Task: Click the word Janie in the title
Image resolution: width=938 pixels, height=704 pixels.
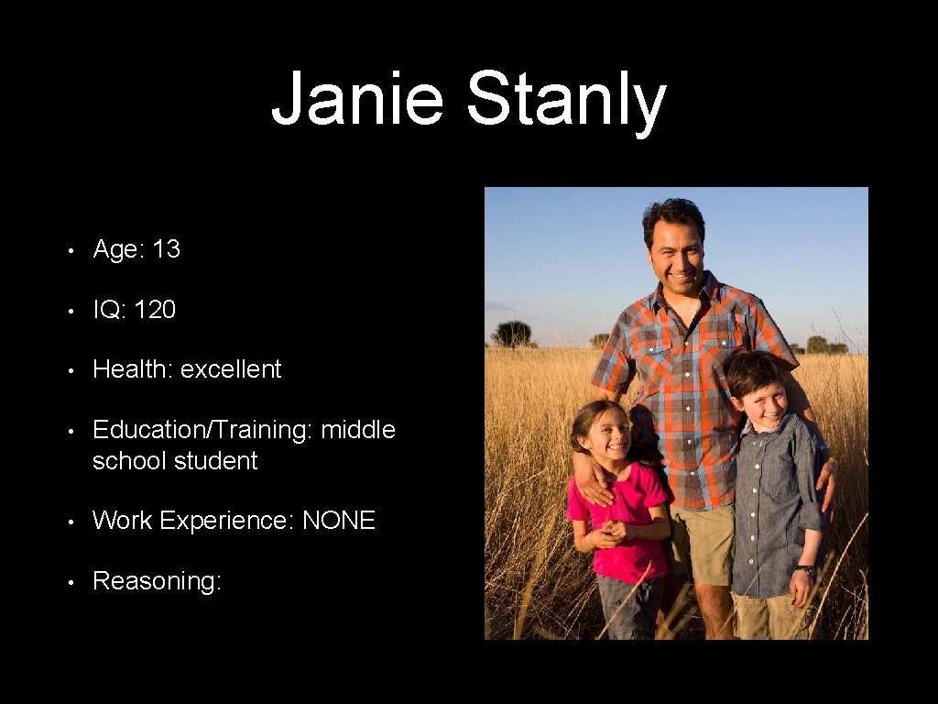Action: [357, 99]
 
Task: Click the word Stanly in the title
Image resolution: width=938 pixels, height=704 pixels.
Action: [565, 101]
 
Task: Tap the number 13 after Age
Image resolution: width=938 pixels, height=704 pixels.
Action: [166, 249]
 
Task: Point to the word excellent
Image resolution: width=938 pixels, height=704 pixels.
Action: [231, 369]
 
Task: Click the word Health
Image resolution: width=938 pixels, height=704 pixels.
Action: [132, 369]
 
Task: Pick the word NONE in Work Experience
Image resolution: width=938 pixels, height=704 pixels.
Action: [339, 521]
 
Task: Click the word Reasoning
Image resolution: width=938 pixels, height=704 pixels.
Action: [157, 581]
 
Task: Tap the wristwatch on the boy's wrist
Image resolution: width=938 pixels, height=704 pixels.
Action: [805, 571]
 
